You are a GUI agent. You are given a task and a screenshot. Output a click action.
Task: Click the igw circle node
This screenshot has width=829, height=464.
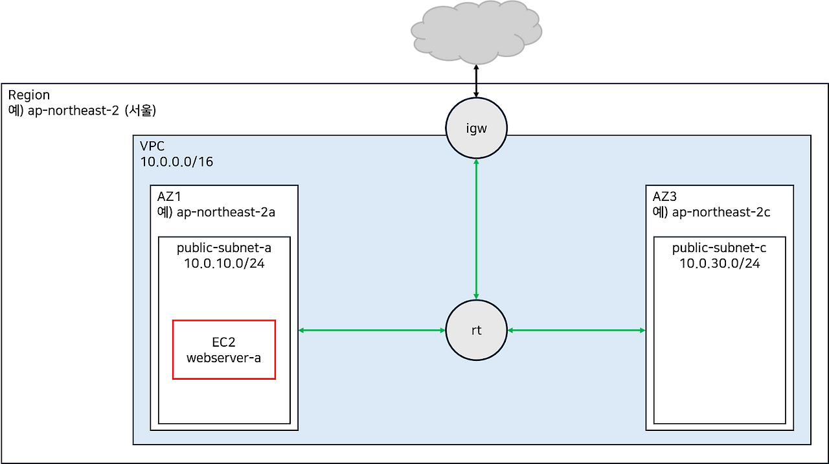point(476,128)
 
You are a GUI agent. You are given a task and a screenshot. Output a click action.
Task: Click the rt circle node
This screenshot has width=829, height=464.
point(476,331)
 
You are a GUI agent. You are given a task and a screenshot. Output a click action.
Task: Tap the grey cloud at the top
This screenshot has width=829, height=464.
point(476,32)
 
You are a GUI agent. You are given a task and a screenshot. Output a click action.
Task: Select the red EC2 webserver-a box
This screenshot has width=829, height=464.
point(224,349)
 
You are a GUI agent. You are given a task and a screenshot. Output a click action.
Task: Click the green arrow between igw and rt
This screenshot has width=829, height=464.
point(476,229)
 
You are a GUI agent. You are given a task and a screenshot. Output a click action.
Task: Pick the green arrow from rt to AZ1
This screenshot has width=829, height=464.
point(372,331)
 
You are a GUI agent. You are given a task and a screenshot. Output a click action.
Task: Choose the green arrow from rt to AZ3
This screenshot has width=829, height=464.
point(576,331)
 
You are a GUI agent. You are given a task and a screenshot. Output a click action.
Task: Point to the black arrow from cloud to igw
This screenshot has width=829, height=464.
point(476,89)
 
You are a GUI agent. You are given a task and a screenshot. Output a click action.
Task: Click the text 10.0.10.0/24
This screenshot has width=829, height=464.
point(224,264)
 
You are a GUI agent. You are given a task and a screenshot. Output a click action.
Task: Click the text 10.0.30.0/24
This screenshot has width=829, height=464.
point(720,264)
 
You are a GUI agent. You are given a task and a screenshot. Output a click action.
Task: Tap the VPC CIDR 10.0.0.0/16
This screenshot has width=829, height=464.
point(177,161)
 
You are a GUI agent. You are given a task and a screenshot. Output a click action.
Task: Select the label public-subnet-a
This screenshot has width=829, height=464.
point(224,248)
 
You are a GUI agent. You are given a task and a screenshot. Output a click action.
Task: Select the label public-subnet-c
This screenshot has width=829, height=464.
point(720,248)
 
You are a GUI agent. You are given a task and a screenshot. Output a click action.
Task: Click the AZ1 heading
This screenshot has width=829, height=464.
point(170,196)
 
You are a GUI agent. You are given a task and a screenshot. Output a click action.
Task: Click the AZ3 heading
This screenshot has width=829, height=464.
point(665,196)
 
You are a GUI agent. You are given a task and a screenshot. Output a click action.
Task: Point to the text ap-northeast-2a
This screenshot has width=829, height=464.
point(226,212)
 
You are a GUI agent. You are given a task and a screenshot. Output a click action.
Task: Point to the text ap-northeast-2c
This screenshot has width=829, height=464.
point(721,212)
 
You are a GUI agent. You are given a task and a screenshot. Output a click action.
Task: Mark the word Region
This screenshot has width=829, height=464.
point(28,95)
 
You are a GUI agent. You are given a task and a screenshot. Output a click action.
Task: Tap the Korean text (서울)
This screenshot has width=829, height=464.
point(139,110)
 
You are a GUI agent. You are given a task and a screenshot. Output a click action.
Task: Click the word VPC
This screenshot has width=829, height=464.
point(153,146)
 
